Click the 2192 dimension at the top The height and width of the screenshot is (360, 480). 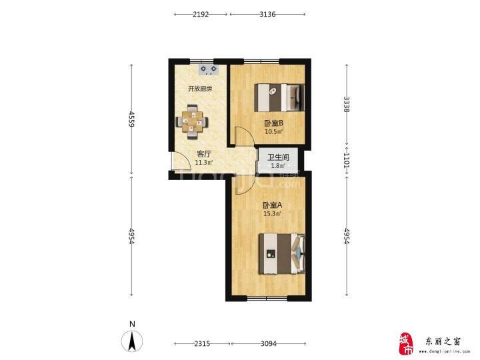[201, 14]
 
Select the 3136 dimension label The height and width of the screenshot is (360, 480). [267, 14]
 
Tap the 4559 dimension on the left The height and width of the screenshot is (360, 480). [131, 119]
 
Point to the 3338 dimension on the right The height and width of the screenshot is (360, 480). [347, 105]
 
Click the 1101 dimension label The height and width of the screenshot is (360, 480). [347, 160]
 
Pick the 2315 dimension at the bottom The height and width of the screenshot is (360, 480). [202, 344]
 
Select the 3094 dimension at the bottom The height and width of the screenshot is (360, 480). [269, 344]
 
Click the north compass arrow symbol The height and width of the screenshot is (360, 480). [132, 341]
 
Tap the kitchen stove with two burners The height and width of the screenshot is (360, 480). [209, 70]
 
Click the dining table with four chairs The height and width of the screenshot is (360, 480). [192, 122]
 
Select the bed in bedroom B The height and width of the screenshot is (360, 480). [279, 97]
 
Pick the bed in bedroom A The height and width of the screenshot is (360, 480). [282, 254]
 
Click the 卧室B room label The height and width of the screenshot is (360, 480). [274, 123]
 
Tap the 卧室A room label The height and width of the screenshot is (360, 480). [272, 205]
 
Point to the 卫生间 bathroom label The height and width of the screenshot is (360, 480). [278, 157]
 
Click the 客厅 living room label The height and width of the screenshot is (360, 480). [204, 154]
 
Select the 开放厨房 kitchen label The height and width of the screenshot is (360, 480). [200, 89]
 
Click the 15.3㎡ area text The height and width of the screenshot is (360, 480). [272, 214]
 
